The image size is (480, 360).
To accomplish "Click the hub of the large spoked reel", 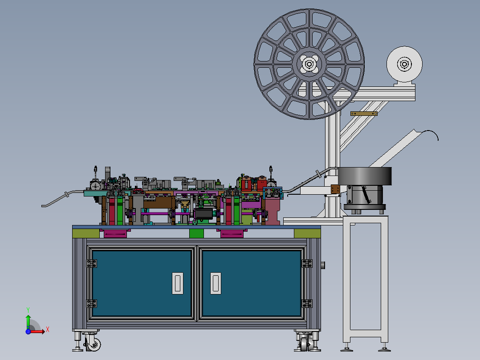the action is click(x=309, y=64).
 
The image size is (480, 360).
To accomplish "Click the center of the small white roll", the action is click(x=404, y=64).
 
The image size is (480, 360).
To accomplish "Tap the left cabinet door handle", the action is click(x=178, y=283).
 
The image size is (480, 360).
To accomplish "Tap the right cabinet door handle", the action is click(x=216, y=283).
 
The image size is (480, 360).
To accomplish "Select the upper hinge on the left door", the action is click(x=91, y=263).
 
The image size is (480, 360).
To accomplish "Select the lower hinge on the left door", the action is click(x=91, y=303).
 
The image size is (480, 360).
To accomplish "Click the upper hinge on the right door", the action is click(x=307, y=263).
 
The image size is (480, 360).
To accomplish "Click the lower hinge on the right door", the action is click(x=307, y=303).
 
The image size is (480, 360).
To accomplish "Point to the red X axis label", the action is click(x=48, y=330).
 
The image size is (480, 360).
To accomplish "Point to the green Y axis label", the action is click(x=28, y=310).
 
